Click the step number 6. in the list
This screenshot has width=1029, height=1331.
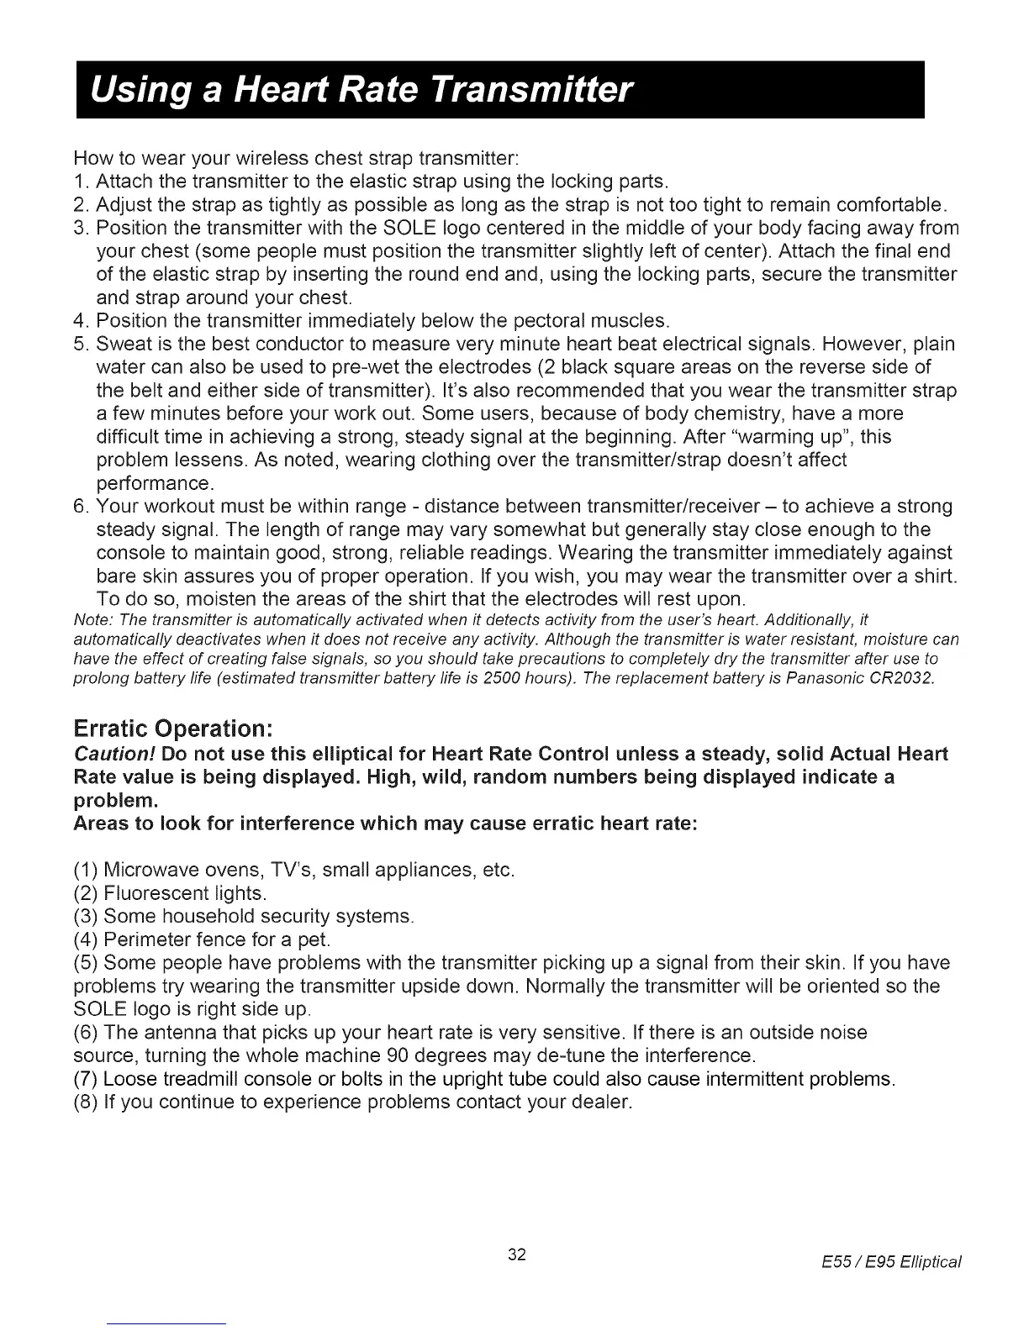click(x=82, y=507)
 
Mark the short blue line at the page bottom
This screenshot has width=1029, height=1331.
click(x=167, y=1324)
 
